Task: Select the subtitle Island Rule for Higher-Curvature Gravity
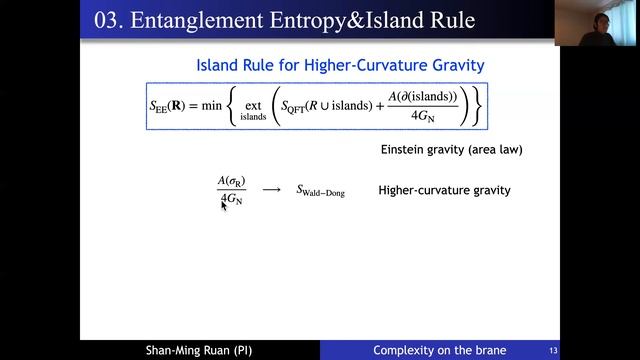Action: (x=340, y=66)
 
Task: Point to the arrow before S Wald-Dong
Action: (x=271, y=190)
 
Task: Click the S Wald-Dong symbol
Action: (x=320, y=191)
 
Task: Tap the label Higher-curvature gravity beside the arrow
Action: (x=444, y=190)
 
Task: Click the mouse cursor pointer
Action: (x=224, y=205)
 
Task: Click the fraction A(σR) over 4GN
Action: (x=231, y=190)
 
